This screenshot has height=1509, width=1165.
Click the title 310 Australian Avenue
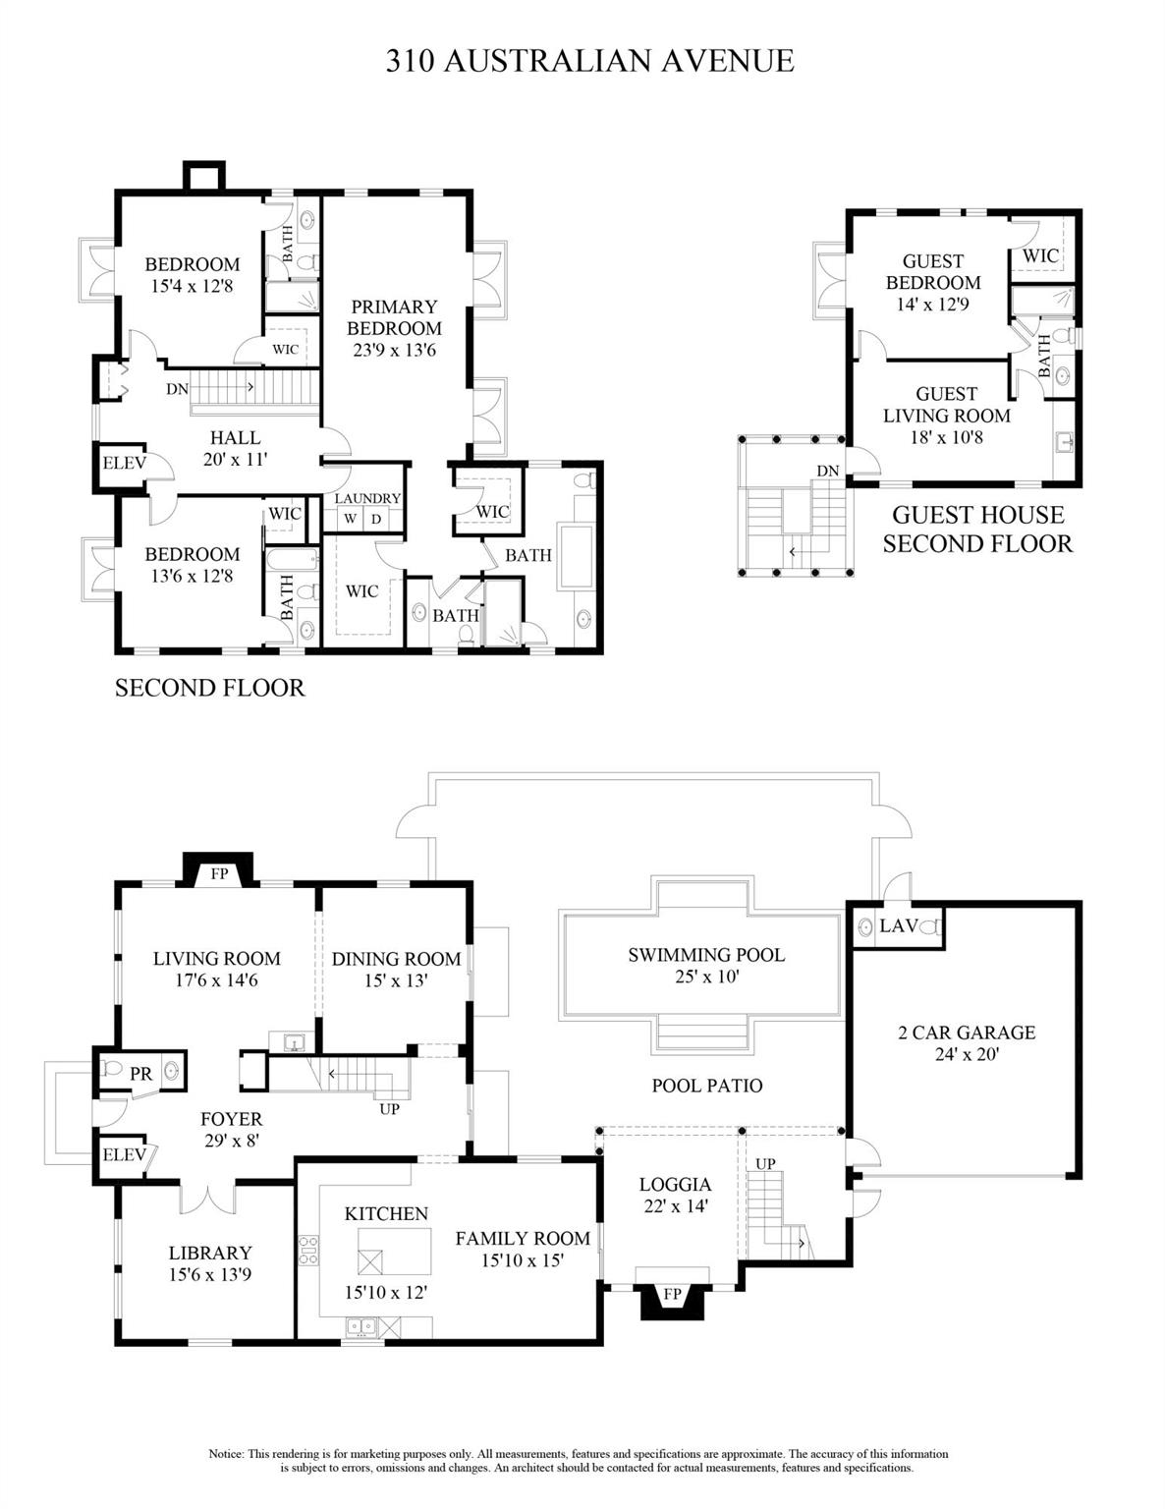coord(589,61)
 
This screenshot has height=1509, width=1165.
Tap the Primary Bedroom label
coord(394,317)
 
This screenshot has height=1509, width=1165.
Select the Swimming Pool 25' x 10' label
coord(706,965)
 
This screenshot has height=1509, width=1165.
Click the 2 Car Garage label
coord(966,1042)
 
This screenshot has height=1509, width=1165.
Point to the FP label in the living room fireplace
coord(219,873)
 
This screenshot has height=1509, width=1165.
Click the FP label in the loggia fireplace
coord(672,1294)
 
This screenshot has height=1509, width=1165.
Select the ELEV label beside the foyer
coord(124,1154)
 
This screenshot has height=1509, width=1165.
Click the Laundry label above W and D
coord(367,498)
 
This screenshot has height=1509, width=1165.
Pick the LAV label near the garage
coord(898,925)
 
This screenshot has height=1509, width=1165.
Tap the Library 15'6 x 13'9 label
coord(210,1263)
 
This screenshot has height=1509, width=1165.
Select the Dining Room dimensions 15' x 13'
coord(396,980)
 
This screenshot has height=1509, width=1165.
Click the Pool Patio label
coord(706,1086)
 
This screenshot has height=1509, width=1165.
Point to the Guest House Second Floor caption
coord(976,529)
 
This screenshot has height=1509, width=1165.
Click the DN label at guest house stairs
coord(827,471)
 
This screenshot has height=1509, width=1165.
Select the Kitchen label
coord(386,1213)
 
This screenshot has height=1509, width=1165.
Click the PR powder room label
coord(141,1074)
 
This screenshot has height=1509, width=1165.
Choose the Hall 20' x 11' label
coord(236,447)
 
